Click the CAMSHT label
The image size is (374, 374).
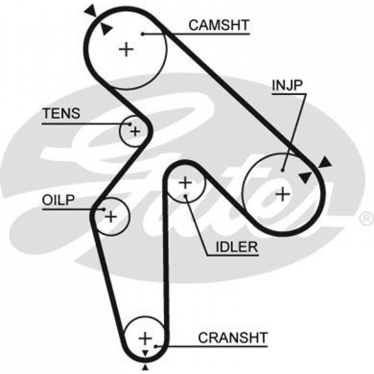pos(219,25)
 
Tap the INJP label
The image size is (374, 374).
pos(287,85)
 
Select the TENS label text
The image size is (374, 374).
pos(61,114)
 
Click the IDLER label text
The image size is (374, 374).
pos(237,247)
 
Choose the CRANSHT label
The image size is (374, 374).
pos(233,337)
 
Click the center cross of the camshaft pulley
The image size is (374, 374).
pos(126,49)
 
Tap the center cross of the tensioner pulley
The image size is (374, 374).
pos(135,131)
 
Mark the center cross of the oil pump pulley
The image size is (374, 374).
pos(111,217)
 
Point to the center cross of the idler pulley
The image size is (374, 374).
pos(185,183)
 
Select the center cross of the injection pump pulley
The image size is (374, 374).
pos(283,193)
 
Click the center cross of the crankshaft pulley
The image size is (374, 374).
pos(145,338)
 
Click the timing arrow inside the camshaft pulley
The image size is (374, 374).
pos(106,29)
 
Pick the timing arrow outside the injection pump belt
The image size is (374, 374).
pos(325,162)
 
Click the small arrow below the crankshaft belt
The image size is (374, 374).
pos(145,368)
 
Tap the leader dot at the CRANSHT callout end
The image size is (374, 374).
pos(155,346)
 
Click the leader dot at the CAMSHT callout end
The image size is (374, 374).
pos(142,34)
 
